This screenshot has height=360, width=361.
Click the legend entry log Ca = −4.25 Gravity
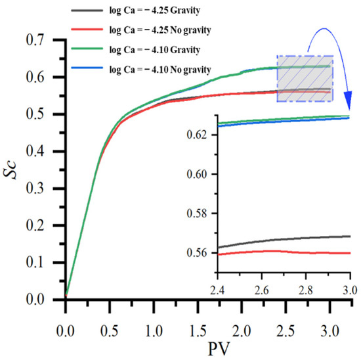click(136, 11)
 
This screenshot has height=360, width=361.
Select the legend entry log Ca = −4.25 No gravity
click(141, 30)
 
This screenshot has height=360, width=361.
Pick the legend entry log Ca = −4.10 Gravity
click(136, 49)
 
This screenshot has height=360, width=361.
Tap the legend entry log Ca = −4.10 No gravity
click(141, 70)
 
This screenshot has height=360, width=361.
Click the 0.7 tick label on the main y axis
click(35, 40)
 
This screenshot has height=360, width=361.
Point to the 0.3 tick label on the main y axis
click(35, 189)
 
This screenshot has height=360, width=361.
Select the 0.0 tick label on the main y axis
click(35, 300)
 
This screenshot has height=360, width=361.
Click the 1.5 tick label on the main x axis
click(198, 331)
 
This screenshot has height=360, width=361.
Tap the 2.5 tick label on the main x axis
click(286, 331)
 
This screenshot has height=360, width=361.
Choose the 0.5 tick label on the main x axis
click(110, 331)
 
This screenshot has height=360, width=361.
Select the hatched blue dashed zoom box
click(305, 79)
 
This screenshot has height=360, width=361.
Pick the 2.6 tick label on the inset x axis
click(261, 290)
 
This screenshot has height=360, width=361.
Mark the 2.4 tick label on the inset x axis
click(217, 290)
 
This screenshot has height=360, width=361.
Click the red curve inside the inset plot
click(284, 252)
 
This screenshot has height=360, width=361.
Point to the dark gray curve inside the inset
click(284, 240)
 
